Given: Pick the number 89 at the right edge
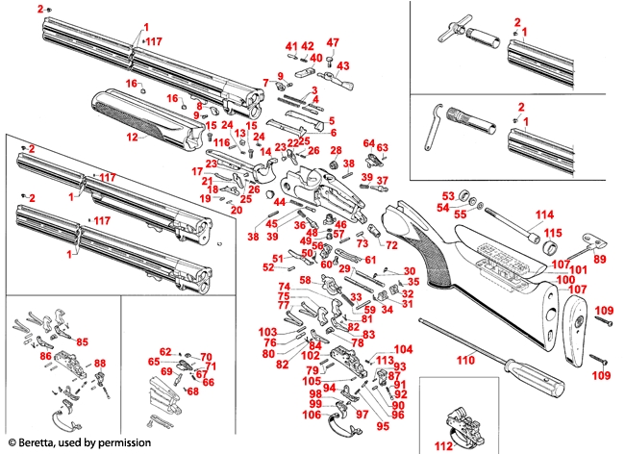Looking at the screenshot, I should tap(600, 260).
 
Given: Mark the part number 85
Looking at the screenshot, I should tap(83, 341).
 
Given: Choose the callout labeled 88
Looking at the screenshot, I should tap(99, 363).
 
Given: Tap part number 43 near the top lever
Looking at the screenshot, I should tap(342, 65).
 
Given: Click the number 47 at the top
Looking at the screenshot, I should tap(333, 42).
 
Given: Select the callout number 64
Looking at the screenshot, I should tap(368, 143).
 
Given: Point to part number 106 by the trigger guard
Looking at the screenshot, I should tap(312, 415).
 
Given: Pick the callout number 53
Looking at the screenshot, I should tap(448, 195).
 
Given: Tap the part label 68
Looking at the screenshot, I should tap(192, 391).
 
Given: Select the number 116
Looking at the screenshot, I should tap(222, 142).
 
